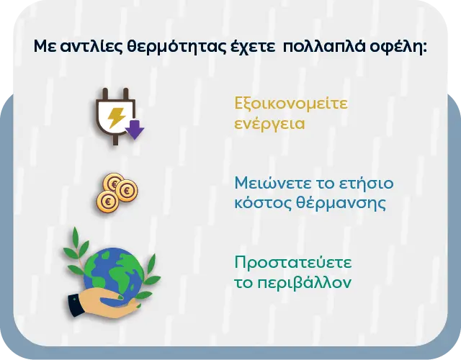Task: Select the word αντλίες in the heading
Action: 91,48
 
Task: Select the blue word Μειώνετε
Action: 270,182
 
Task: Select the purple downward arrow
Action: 135,128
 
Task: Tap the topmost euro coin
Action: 113,181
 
